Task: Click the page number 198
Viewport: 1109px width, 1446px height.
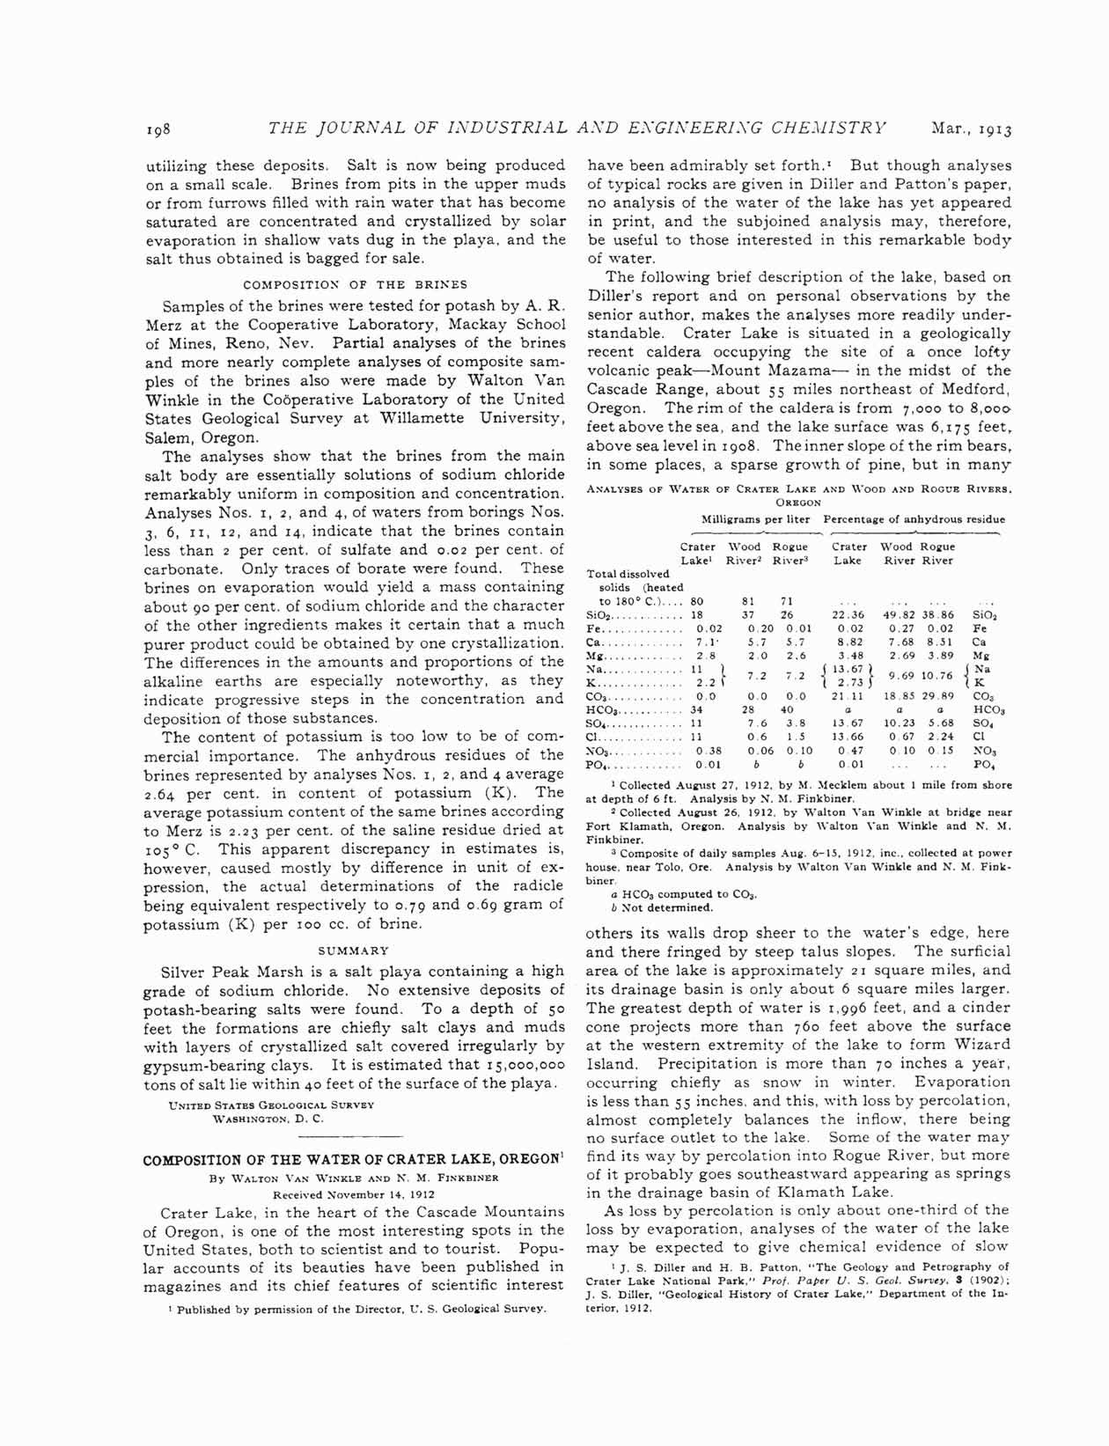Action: tap(159, 129)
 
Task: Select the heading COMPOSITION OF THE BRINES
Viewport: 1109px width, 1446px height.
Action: tap(355, 284)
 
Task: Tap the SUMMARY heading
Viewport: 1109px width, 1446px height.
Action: tap(354, 951)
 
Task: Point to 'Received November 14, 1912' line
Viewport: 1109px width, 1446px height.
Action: tap(354, 1194)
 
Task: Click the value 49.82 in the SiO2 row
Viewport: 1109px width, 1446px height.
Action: tap(901, 614)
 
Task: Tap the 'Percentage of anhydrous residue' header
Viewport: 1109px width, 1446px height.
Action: tap(914, 518)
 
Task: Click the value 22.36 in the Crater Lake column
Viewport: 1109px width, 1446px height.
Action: tap(848, 614)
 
